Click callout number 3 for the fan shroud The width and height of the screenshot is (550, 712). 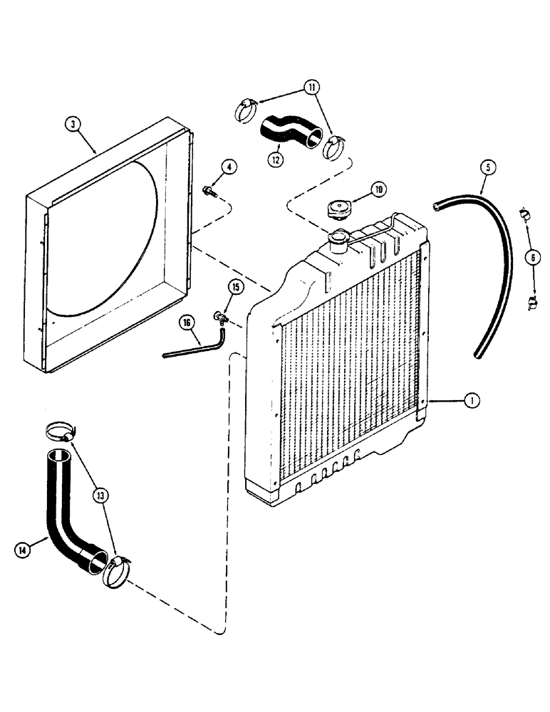(73, 124)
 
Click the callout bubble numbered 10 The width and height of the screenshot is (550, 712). (378, 189)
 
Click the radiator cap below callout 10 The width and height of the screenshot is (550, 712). (339, 210)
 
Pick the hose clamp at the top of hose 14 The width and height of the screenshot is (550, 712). (60, 431)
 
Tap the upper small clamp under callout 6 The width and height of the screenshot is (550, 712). (524, 212)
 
